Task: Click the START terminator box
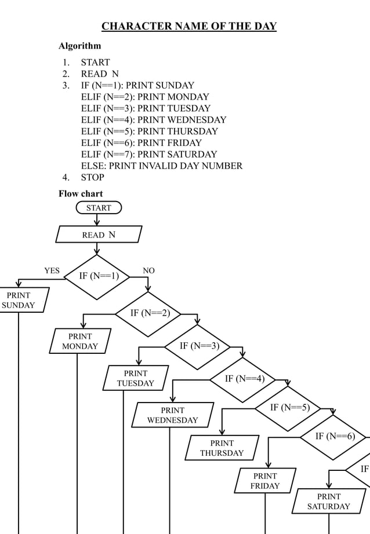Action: (x=98, y=207)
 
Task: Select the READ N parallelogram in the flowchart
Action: (x=99, y=235)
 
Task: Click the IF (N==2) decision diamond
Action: (x=149, y=313)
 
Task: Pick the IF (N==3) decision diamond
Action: (x=198, y=346)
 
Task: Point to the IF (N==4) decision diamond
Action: (x=244, y=379)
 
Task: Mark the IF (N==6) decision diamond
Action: (x=335, y=436)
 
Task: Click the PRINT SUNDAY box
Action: (x=20, y=300)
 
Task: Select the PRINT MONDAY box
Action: (x=79, y=341)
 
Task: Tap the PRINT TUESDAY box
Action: (x=135, y=378)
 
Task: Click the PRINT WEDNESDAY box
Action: (x=172, y=415)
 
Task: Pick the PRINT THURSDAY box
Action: (x=222, y=448)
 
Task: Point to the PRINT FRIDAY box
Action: (x=265, y=481)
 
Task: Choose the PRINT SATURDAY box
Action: (x=328, y=502)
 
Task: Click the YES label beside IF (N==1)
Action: (x=52, y=270)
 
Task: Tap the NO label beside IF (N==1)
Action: (x=148, y=270)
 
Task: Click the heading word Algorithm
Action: (x=80, y=46)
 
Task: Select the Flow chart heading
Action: (x=81, y=193)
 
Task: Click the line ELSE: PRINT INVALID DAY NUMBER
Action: (x=161, y=166)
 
